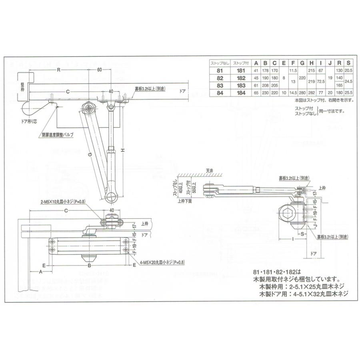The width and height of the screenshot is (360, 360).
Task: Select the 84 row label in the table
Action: tap(219, 93)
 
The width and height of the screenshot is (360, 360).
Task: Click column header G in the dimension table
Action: tap(302, 63)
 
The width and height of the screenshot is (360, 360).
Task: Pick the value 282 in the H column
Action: tap(312, 93)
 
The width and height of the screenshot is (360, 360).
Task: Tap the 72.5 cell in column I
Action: tap(321, 81)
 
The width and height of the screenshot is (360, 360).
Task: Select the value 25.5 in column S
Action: tap(349, 93)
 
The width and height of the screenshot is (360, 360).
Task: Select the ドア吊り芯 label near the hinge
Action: tap(30, 120)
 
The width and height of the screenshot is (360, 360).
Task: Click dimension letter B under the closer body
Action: tap(90, 266)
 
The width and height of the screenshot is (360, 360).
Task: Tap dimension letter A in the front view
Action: tap(41, 271)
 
